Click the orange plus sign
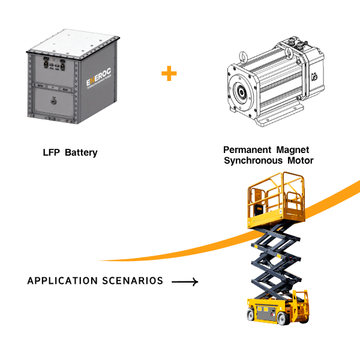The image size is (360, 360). pos(169,73)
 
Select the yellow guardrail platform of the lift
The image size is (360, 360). pos(276,201)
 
